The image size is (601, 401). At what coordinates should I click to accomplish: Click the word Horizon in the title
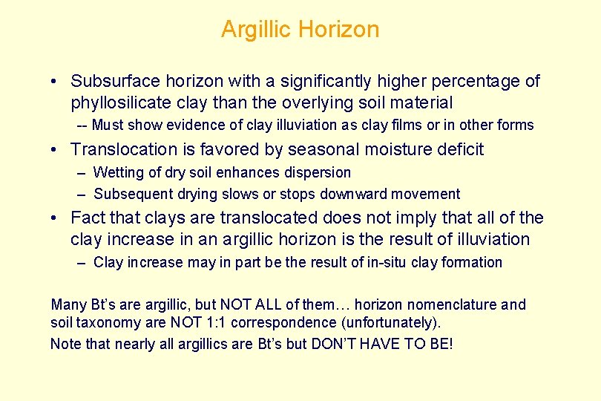(339, 30)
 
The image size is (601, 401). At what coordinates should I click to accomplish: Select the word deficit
(456, 149)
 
